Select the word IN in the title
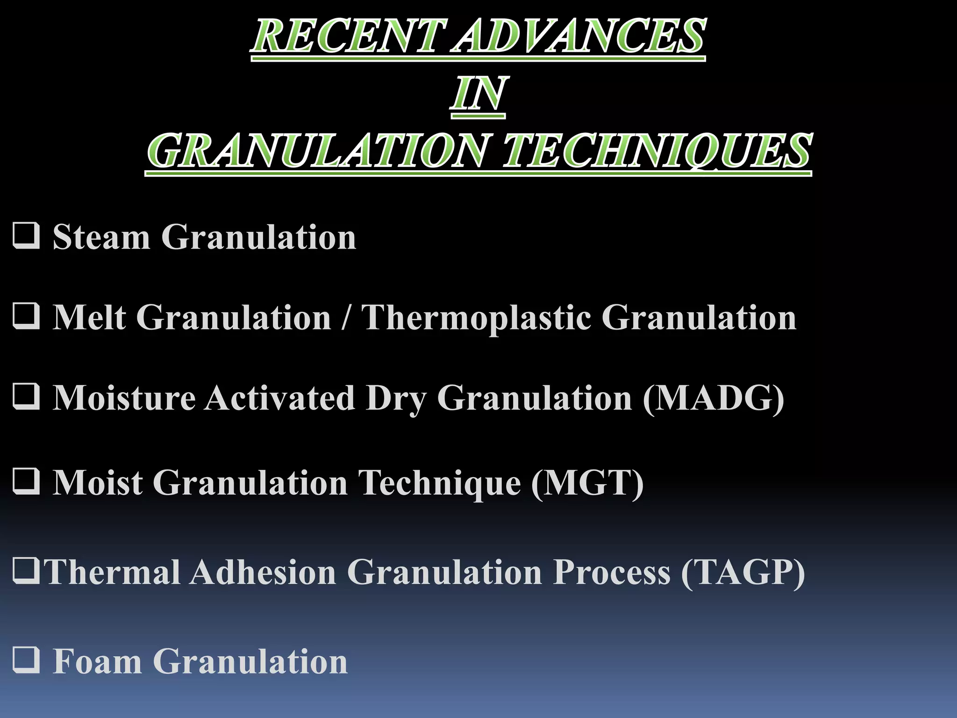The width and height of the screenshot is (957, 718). (x=478, y=93)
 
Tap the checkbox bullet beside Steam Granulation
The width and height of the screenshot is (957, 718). (x=26, y=236)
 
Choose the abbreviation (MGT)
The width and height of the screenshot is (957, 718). (x=587, y=482)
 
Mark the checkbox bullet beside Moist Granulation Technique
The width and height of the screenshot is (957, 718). (x=26, y=481)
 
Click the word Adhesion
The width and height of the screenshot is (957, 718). (x=263, y=572)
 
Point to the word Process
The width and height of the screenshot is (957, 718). (x=612, y=572)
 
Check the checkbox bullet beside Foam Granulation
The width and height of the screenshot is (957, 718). (x=26, y=660)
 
